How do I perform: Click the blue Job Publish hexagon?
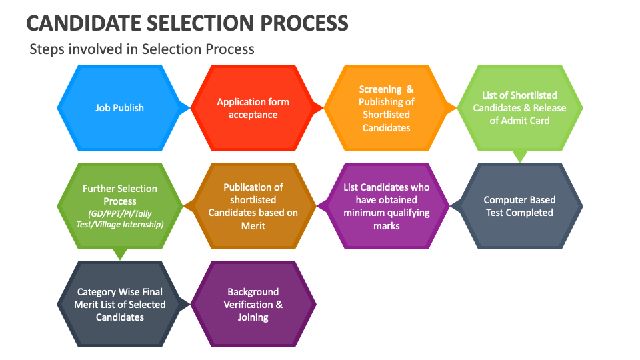click(119, 107)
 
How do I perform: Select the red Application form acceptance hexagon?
click(253, 107)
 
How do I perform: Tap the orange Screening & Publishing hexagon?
click(386, 107)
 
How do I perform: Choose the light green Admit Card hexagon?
click(519, 107)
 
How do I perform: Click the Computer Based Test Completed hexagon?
click(519, 206)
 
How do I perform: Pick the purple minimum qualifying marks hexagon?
click(386, 206)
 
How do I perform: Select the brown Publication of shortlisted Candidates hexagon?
click(253, 206)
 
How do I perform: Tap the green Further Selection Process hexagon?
click(119, 206)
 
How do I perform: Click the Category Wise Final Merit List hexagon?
click(119, 304)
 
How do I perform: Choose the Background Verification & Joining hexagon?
click(253, 304)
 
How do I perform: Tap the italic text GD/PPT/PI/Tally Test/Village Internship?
click(119, 219)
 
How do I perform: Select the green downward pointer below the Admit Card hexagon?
click(519, 157)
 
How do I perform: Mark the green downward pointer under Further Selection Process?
click(119, 255)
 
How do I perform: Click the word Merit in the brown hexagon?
click(253, 226)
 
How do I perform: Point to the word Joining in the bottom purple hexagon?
click(253, 317)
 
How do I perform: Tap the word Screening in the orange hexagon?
click(380, 89)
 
